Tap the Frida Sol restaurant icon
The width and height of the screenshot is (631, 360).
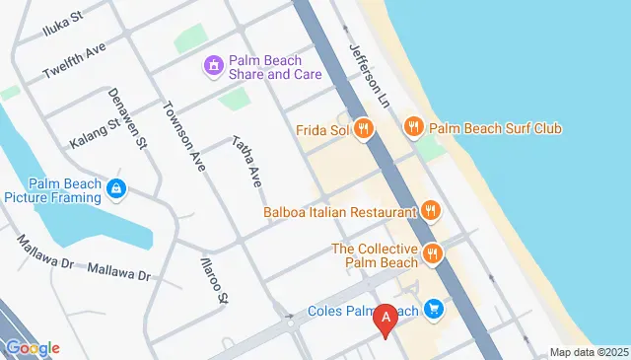(364, 128)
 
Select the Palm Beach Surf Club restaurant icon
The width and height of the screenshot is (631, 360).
(414, 127)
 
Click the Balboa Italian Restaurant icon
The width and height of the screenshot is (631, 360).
(430, 210)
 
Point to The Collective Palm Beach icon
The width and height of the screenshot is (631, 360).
(432, 254)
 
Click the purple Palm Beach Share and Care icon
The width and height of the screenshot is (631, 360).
(213, 67)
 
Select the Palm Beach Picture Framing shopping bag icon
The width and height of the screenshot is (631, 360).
(116, 187)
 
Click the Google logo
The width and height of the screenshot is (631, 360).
(32, 347)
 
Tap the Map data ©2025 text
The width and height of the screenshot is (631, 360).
(588, 352)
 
